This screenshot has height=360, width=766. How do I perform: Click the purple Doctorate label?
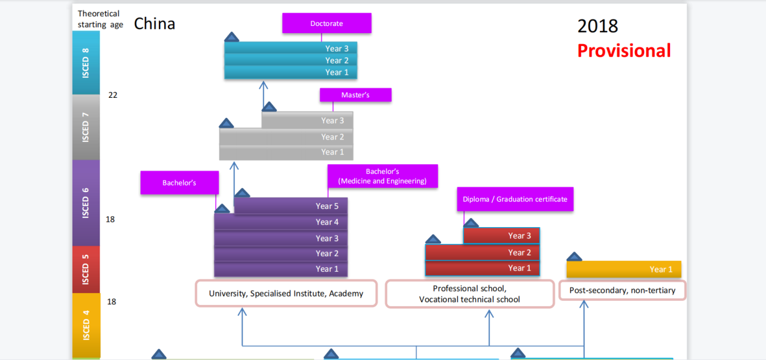[327, 24]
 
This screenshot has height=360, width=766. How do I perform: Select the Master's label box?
[355, 95]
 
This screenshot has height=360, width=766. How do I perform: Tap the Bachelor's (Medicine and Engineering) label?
[382, 176]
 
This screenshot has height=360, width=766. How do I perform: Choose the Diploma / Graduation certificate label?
[515, 199]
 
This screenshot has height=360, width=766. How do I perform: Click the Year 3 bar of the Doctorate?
[291, 48]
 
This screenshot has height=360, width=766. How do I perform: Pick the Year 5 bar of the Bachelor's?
[291, 206]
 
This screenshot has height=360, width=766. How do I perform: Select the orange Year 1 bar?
[623, 269]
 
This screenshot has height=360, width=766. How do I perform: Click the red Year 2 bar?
[482, 252]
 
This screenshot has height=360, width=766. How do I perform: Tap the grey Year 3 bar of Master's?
[307, 120]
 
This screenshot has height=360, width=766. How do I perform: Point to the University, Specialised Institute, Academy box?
[286, 294]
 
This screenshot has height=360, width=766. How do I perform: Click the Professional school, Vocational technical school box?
[469, 294]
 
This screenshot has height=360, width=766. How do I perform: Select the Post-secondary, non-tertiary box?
[622, 291]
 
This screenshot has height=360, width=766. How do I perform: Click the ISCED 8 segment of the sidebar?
[86, 63]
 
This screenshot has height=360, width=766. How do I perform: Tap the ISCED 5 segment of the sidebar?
[86, 269]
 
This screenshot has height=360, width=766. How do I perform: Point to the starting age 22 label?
[113, 95]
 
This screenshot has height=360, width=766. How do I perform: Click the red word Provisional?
[623, 51]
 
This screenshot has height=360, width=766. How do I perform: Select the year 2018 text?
[597, 26]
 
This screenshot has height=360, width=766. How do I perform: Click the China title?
[155, 24]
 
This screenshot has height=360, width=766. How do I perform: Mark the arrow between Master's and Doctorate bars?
[263, 94]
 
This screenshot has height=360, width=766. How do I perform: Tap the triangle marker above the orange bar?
[574, 257]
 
